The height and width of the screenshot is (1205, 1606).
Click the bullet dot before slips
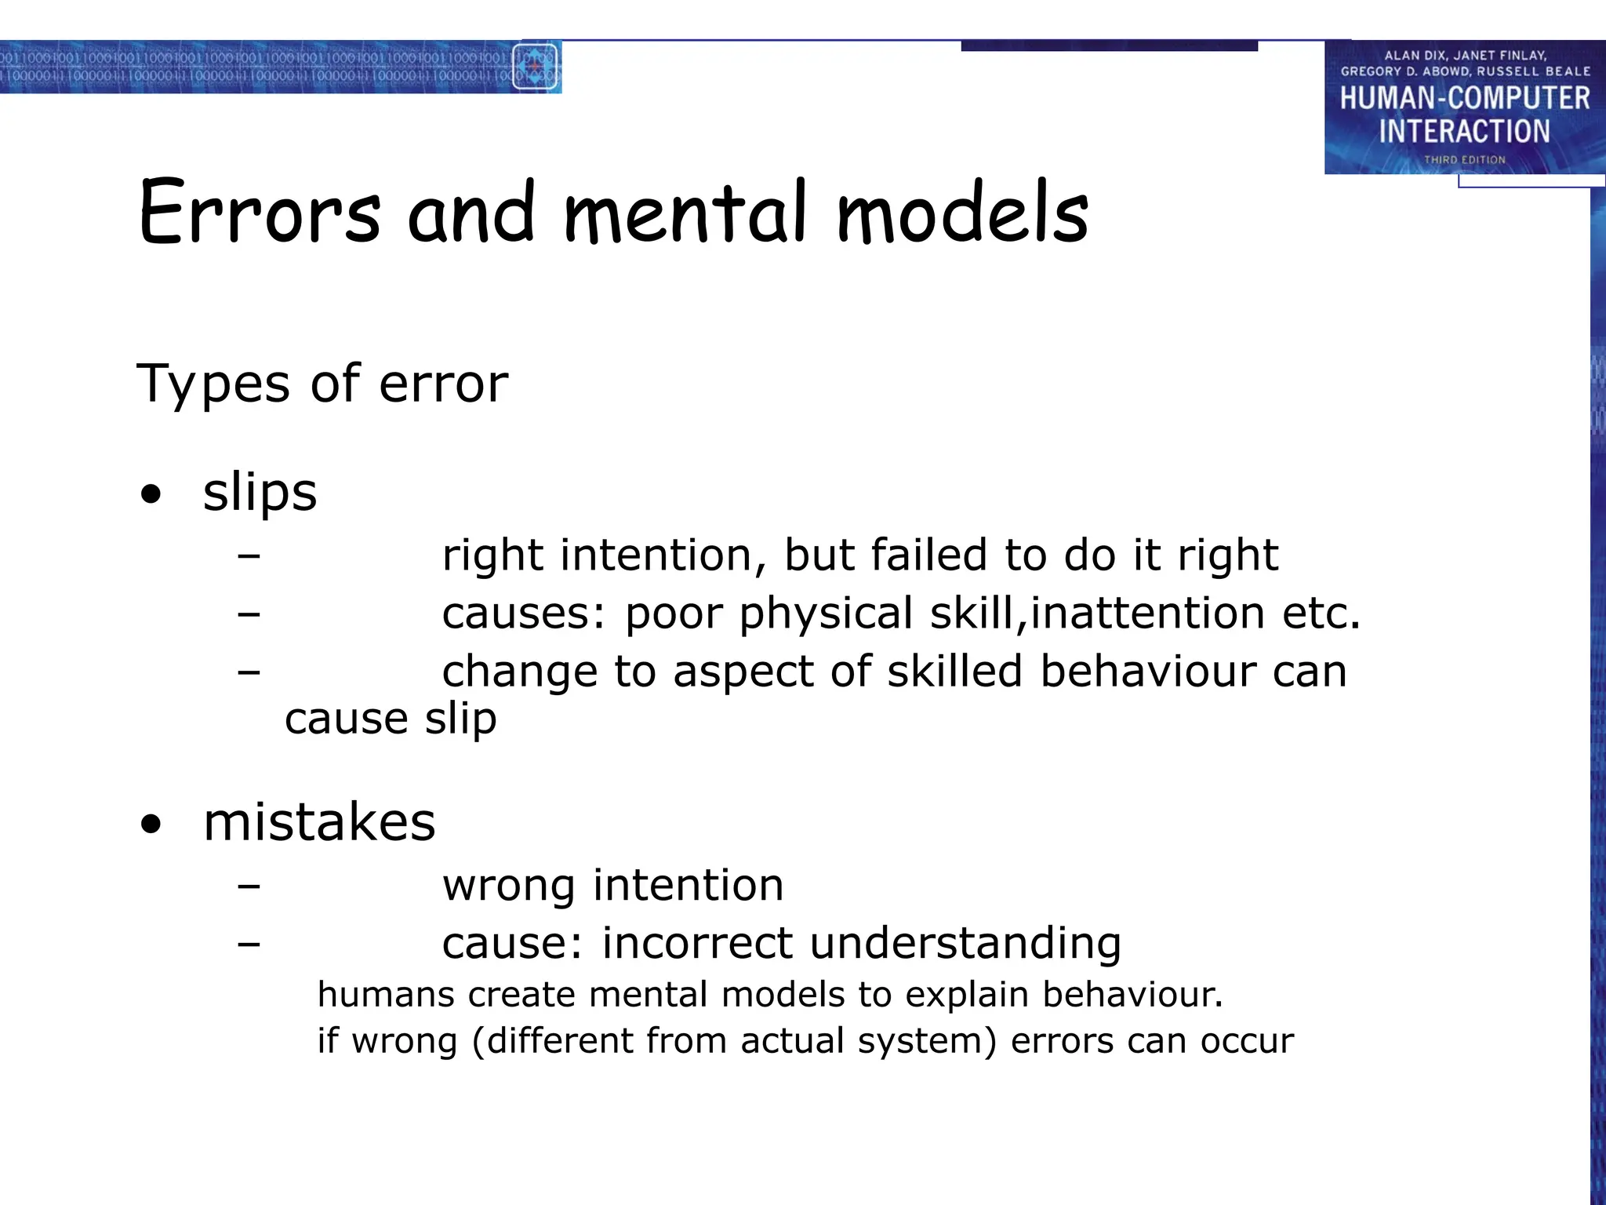[151, 495]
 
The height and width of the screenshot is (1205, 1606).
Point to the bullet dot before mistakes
[151, 825]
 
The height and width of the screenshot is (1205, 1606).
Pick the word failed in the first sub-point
[929, 555]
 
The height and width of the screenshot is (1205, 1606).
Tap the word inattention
[1147, 613]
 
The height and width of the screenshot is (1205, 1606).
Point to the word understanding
[965, 944]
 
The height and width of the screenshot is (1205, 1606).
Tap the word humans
[386, 995]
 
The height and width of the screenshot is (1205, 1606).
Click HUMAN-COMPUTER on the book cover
[1464, 99]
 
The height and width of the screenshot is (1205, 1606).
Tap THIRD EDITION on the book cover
[1465, 160]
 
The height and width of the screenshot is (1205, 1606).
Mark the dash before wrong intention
[249, 886]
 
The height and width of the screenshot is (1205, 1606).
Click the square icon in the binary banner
[535, 67]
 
